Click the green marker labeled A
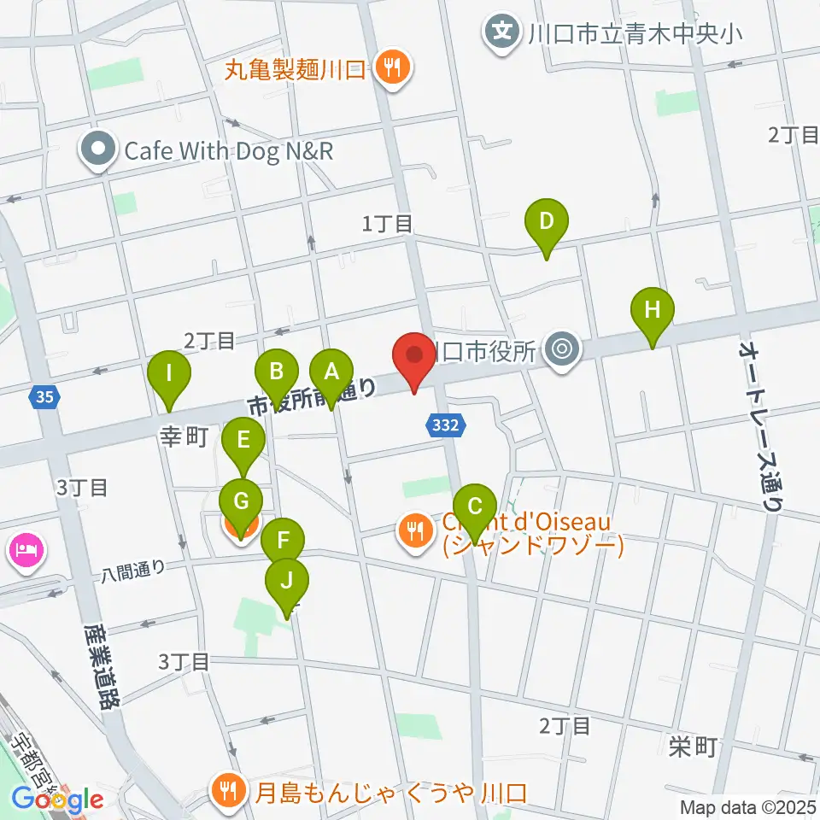click(x=331, y=372)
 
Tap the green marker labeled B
click(x=277, y=372)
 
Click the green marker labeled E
click(x=243, y=442)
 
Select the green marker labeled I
click(x=169, y=374)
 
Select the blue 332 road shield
click(x=448, y=425)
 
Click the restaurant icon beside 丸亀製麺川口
click(x=393, y=68)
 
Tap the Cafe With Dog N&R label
click(x=227, y=151)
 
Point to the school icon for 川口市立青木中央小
click(x=502, y=33)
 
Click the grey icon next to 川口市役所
click(x=561, y=348)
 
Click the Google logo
click(x=58, y=800)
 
